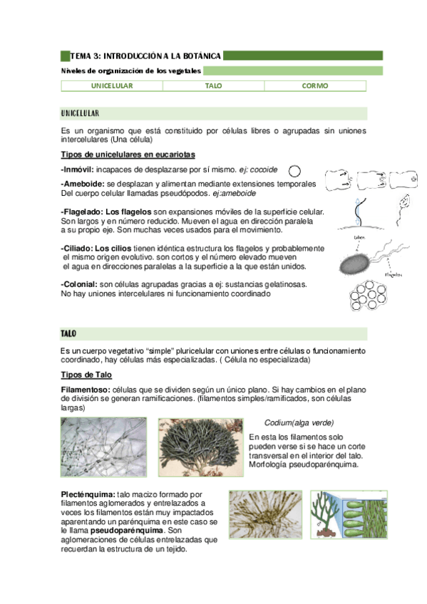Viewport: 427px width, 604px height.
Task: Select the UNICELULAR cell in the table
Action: [x=112, y=85]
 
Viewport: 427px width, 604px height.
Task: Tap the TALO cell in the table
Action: [x=213, y=85]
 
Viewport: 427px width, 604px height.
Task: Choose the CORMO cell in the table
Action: [x=315, y=85]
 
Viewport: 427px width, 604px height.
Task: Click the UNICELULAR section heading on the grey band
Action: [x=80, y=113]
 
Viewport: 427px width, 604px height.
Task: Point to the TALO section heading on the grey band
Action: [x=69, y=333]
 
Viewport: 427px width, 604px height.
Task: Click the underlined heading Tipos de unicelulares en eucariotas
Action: [x=128, y=155]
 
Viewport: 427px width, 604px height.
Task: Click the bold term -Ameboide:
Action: [x=83, y=184]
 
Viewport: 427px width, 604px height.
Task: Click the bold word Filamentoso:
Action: [x=86, y=390]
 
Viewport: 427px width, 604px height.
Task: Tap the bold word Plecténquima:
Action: [x=88, y=494]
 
